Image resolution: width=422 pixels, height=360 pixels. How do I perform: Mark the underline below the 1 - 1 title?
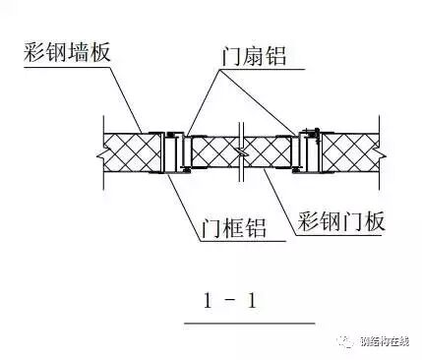249,322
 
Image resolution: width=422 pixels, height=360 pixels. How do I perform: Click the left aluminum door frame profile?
175,150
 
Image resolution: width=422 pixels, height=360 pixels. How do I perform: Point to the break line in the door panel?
241,150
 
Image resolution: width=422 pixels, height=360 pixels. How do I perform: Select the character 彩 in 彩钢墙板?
27,52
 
